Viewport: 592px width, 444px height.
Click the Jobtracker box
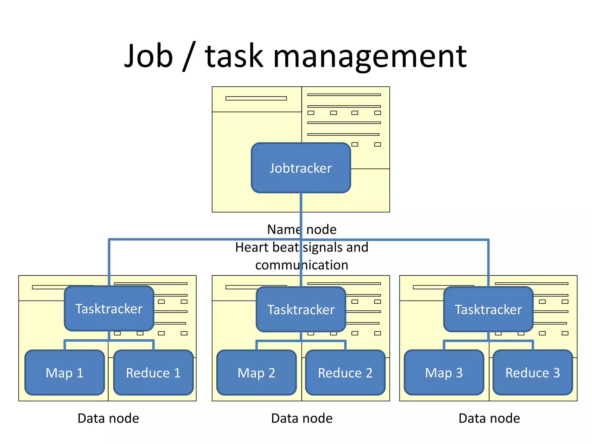coord(301,168)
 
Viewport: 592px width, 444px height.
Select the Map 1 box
coord(64,373)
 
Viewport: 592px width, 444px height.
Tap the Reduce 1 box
coord(153,373)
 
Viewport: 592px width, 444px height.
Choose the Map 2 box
coord(256,373)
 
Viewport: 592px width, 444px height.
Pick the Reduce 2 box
coord(345,373)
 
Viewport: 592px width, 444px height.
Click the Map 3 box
coord(444,373)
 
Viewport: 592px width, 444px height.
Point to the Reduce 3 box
coord(532,373)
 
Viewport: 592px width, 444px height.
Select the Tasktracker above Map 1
coord(109,308)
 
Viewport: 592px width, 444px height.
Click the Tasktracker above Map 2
coord(301,309)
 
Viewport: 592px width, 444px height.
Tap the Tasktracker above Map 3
coord(488,309)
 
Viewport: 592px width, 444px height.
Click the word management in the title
coord(369,56)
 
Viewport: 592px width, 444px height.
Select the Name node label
coord(302,230)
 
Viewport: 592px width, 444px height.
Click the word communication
coord(302,265)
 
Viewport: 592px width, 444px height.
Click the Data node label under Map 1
coord(108,418)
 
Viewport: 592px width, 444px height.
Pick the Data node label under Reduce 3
coord(489,418)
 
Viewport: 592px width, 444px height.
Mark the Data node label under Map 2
coord(302,418)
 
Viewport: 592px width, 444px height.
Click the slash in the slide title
coord(189,56)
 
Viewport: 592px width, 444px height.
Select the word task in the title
coord(234,56)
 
